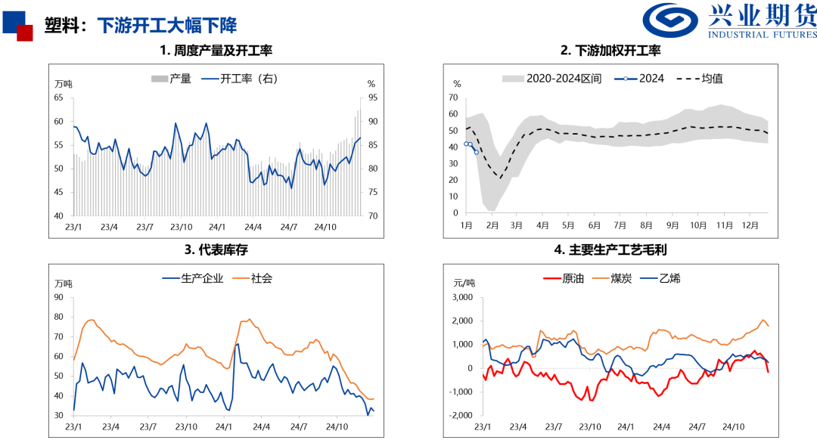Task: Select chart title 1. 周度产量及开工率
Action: click(x=216, y=51)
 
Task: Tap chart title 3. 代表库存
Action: click(x=216, y=249)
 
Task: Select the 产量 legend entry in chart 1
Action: click(x=172, y=79)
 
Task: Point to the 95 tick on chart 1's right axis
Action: click(x=371, y=98)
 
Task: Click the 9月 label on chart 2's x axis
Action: click(x=672, y=225)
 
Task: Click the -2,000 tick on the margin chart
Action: click(x=461, y=416)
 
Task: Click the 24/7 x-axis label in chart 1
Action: click(x=288, y=225)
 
